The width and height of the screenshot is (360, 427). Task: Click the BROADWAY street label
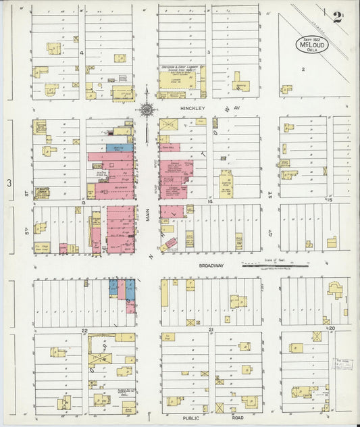[x=211, y=266]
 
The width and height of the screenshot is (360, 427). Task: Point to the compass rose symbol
[x=146, y=109]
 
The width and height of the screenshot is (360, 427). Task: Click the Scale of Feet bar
[x=275, y=266]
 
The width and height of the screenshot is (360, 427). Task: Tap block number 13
[x=82, y=202]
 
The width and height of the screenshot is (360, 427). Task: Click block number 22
[x=84, y=330]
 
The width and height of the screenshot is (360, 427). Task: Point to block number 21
[x=211, y=329]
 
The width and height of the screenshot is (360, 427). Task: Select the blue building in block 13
[x=120, y=147]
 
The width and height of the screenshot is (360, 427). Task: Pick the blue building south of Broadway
[x=113, y=287]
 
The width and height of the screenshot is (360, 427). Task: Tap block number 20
[x=332, y=328]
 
